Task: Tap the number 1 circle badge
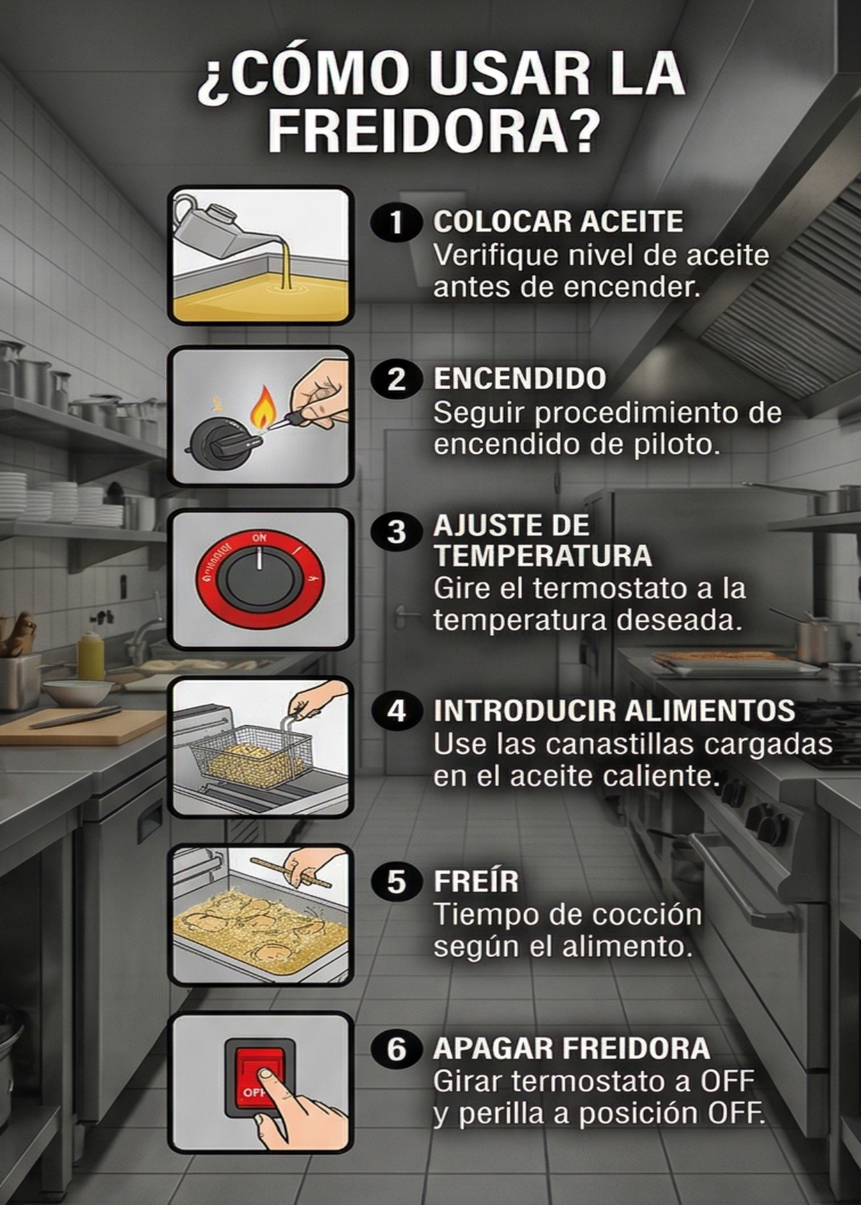(x=396, y=222)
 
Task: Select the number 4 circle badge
(x=396, y=711)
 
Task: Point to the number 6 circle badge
(x=396, y=1049)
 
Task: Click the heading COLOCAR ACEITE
(x=558, y=222)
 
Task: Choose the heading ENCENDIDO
(x=520, y=379)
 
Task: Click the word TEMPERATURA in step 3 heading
(x=542, y=556)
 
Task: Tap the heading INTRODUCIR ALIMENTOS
(x=614, y=711)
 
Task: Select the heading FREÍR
(x=476, y=881)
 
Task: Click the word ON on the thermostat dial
(x=259, y=538)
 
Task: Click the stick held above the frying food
(x=292, y=872)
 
